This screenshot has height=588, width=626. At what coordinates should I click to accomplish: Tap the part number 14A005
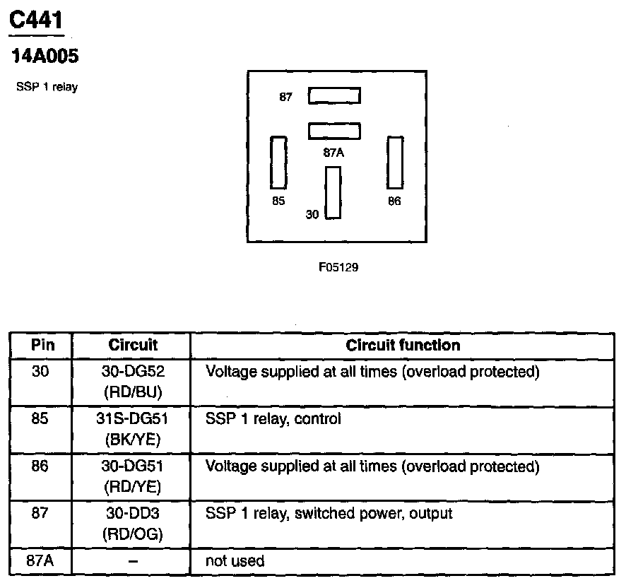pos(43,56)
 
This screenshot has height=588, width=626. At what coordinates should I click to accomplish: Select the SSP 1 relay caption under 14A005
pos(47,88)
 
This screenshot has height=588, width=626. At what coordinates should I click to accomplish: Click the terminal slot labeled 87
pos(334,95)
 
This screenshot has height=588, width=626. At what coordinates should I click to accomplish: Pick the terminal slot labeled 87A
pos(334,131)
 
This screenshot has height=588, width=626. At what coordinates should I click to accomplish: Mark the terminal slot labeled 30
pos(333,192)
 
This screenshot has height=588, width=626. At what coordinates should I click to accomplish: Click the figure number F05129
pos(334,268)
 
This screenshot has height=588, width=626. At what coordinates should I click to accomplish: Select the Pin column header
pos(40,346)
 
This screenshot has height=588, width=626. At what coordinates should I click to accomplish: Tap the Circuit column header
pos(133,346)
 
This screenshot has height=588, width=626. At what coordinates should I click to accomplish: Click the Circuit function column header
pos(403,346)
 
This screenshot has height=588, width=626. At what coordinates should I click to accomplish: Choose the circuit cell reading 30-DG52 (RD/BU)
pos(133,382)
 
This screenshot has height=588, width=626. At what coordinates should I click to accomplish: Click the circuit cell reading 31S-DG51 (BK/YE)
pos(133,429)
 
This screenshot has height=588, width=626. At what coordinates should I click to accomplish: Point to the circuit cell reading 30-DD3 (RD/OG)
pos(133,524)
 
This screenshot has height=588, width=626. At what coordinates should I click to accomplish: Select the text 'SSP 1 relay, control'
pos(273,419)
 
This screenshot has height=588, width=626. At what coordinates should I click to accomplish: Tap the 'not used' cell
pos(235,562)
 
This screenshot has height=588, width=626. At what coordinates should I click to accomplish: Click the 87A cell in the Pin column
pos(40,562)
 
